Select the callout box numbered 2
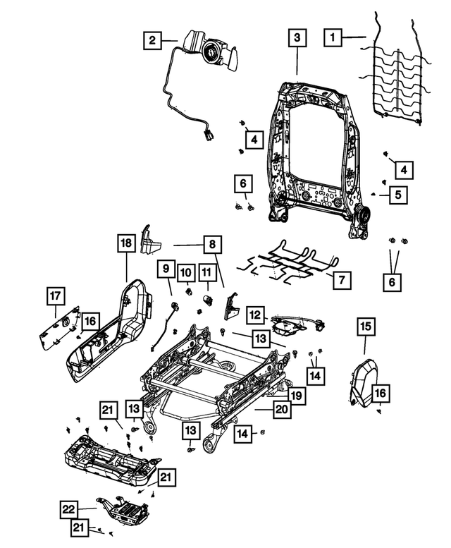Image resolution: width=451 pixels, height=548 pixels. tap(153, 40)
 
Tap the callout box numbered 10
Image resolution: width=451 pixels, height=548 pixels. tap(185, 272)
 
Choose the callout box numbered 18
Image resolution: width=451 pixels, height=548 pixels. tap(125, 245)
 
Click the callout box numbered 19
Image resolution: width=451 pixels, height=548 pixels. tap(297, 396)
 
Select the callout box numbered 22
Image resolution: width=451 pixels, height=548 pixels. tap(68, 508)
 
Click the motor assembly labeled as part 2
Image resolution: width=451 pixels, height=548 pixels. tap(211, 51)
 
